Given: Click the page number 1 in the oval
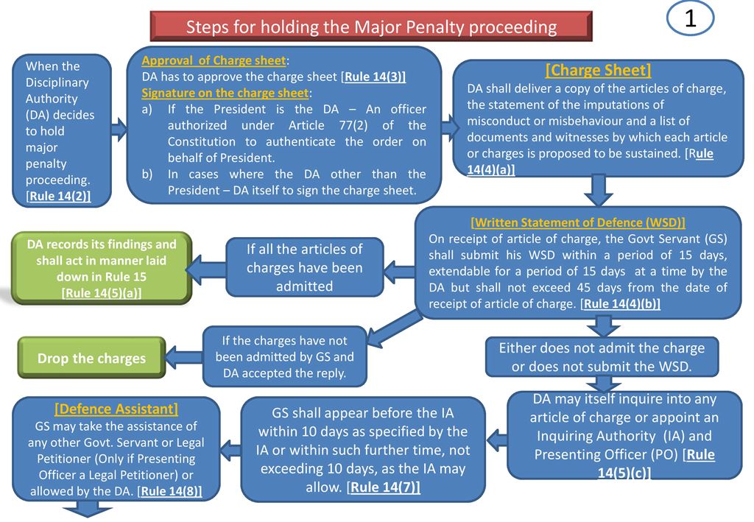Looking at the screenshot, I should pyautogui.click(x=690, y=21).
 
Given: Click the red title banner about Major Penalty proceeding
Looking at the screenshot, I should pyautogui.click(x=371, y=27).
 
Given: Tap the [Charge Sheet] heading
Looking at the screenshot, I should pyautogui.click(x=598, y=71).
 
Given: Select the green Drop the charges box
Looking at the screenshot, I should pyautogui.click(x=91, y=359).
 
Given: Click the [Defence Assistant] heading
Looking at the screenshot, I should pyautogui.click(x=116, y=409).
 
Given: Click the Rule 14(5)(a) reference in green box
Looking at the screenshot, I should pyautogui.click(x=102, y=293).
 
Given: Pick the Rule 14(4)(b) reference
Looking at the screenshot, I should pyautogui.click(x=620, y=303).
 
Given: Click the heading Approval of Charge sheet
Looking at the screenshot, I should pyautogui.click(x=214, y=61).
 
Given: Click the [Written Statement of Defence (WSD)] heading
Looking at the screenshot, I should pyautogui.click(x=577, y=222).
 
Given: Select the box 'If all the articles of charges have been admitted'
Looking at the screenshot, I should pyautogui.click(x=304, y=267).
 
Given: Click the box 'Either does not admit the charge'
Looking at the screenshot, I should pyautogui.click(x=602, y=356).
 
